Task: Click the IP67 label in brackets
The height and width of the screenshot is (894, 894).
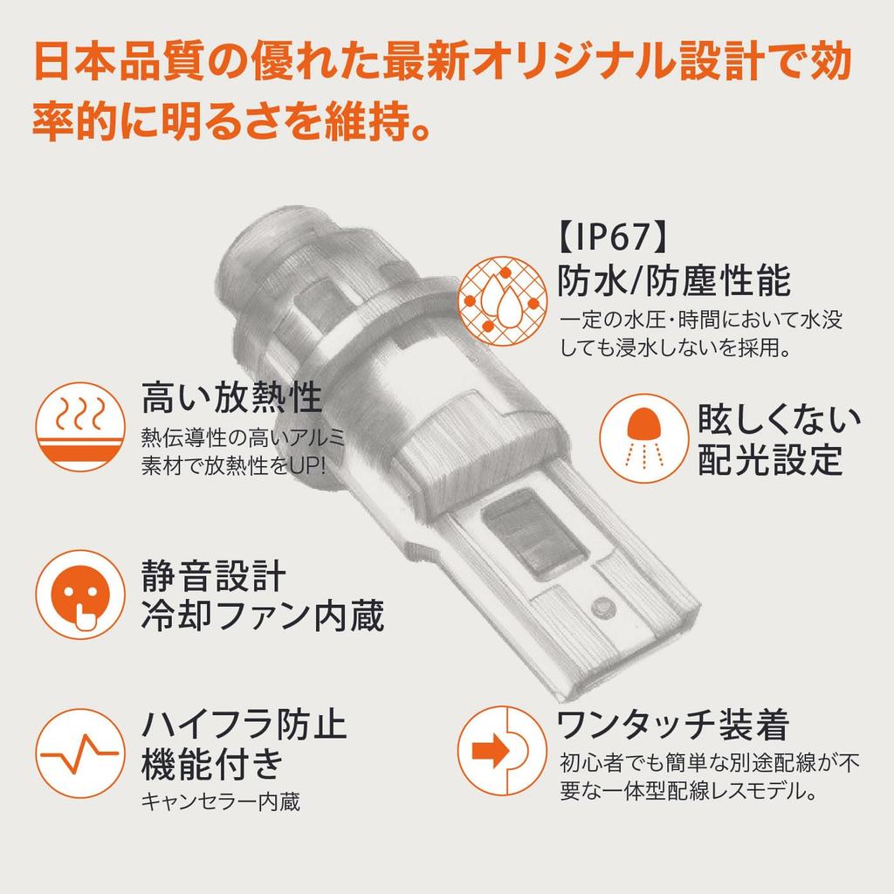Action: click(612, 237)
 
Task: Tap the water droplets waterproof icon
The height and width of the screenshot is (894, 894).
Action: click(502, 301)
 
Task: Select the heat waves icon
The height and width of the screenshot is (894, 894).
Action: click(80, 426)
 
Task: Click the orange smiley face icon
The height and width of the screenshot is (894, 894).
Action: click(80, 594)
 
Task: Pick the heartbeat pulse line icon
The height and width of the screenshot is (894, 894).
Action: click(80, 753)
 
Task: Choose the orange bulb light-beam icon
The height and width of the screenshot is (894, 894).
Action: click(644, 438)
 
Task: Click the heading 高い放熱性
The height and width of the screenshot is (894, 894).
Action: click(231, 397)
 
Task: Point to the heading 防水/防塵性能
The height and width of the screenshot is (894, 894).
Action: click(674, 280)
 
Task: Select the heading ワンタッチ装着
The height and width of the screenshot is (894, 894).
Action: click(673, 725)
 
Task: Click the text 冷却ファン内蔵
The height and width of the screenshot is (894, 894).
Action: click(262, 615)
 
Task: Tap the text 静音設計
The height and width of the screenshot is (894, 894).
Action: click(213, 576)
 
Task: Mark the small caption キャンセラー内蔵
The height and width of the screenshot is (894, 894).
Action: click(221, 802)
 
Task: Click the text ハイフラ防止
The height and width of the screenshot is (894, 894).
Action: click(244, 724)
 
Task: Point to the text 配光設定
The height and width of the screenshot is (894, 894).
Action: click(770, 459)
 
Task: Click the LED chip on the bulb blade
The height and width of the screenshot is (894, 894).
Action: click(535, 535)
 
